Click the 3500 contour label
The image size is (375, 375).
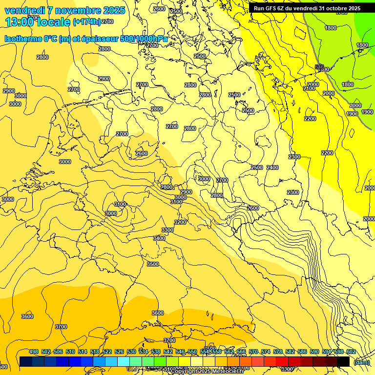(153, 264)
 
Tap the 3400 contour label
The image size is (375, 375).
(159, 238)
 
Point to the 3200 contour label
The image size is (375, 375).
(180, 222)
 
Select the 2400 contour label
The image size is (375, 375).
(272, 167)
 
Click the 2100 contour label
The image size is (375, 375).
(309, 88)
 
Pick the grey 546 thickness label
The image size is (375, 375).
(319, 67)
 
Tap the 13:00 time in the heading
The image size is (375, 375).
(19, 22)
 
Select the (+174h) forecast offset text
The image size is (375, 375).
(86, 22)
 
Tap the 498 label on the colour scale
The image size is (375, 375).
(34, 352)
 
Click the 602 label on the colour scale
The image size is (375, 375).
(351, 352)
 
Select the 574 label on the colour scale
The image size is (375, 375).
(253, 352)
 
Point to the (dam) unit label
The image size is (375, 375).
(362, 362)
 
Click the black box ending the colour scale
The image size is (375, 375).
(343, 361)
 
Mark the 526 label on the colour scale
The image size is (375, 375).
(119, 352)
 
